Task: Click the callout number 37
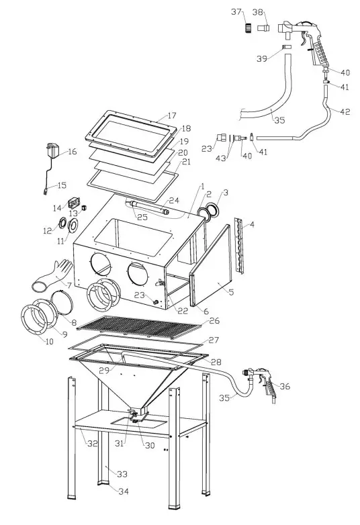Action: pyautogui.click(x=236, y=12)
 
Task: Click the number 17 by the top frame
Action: pyautogui.click(x=172, y=115)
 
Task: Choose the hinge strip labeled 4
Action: pyautogui.click(x=240, y=246)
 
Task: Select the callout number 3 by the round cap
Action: pyautogui.click(x=226, y=193)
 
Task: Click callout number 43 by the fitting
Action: pyautogui.click(x=222, y=157)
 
